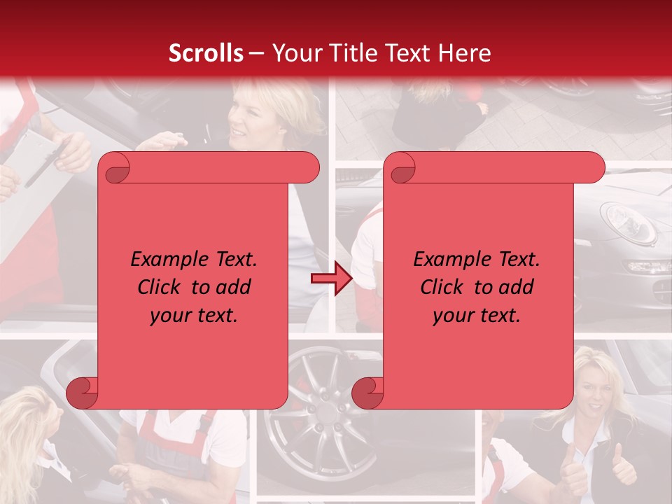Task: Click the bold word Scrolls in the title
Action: point(206,52)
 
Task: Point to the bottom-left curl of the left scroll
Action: point(82,392)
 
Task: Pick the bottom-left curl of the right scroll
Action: point(367,392)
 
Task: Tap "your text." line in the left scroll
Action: point(194,315)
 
